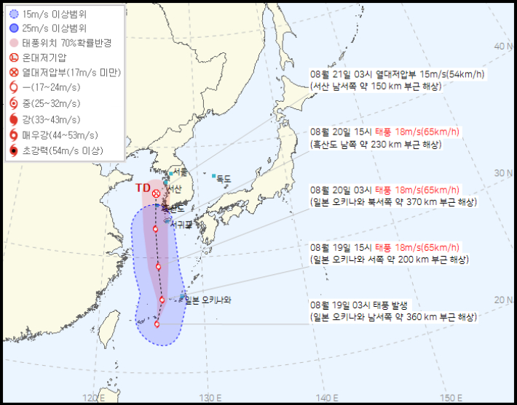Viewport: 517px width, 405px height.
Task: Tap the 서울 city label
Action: (180, 172)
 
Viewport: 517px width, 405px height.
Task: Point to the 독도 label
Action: (222, 178)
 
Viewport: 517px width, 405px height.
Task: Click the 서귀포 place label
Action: (181, 224)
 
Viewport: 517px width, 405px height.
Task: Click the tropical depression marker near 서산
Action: (157, 193)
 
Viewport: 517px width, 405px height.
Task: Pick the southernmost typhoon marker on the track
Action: (157, 324)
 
